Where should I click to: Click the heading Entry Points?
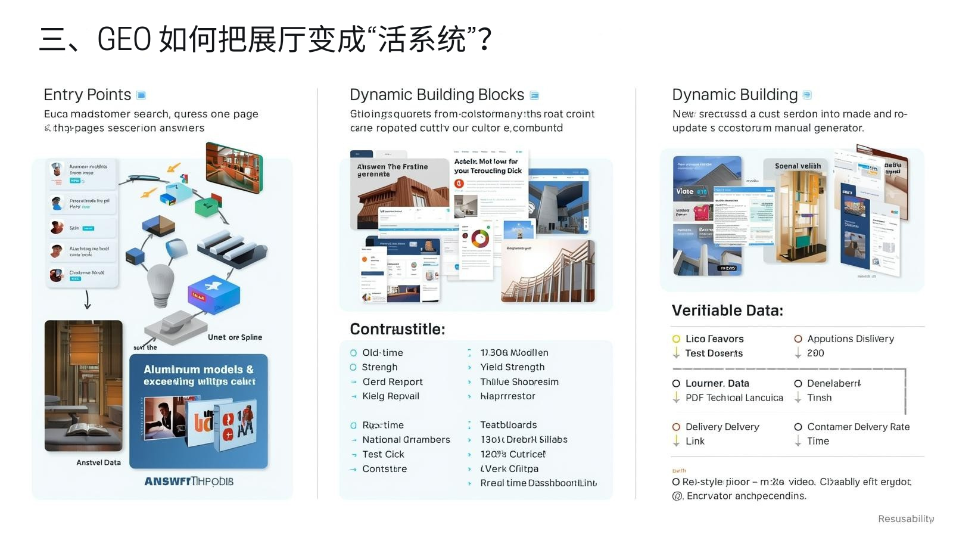(x=87, y=95)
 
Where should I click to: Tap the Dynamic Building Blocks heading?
(x=437, y=95)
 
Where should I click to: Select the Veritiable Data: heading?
(x=727, y=311)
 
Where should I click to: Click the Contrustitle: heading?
(x=397, y=329)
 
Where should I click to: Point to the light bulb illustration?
(x=160, y=285)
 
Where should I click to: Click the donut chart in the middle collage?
(x=479, y=239)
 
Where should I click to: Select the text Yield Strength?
(x=512, y=367)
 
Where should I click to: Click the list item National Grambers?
(x=406, y=440)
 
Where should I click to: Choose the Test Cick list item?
(x=383, y=454)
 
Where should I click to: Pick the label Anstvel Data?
(x=98, y=462)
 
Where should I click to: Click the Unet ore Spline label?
(x=235, y=337)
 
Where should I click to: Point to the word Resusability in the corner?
(x=905, y=519)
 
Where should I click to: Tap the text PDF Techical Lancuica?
(x=734, y=398)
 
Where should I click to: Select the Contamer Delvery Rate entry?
(x=858, y=427)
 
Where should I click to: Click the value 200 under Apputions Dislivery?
(x=815, y=353)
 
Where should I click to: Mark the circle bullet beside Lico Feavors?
(x=676, y=339)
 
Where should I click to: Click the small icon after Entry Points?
(x=141, y=95)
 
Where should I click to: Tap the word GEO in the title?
(x=124, y=39)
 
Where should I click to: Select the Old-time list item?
(x=382, y=353)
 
